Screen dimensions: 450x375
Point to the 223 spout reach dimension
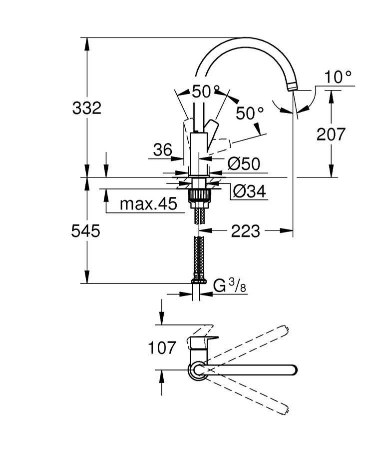(245, 231)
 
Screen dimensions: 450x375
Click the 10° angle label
(338, 77)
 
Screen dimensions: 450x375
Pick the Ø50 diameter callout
(244, 163)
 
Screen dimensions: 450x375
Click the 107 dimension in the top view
(162, 347)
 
